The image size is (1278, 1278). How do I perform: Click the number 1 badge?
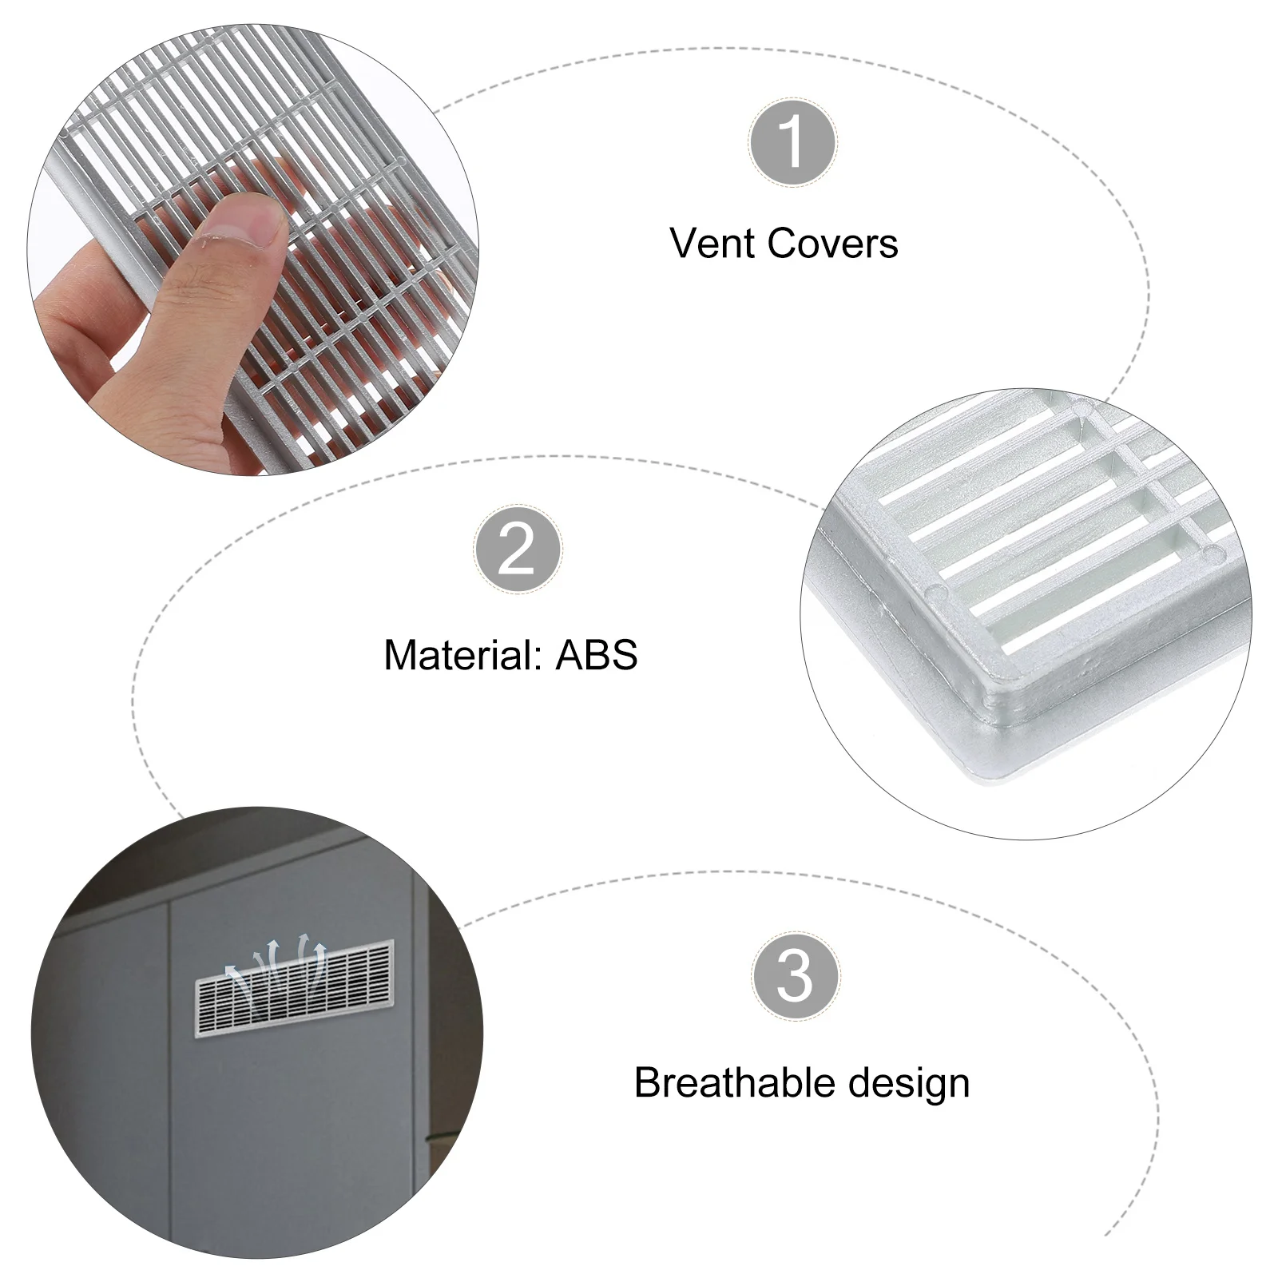tap(792, 143)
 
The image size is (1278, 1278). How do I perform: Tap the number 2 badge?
tap(517, 550)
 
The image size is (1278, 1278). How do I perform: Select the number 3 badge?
tap(795, 975)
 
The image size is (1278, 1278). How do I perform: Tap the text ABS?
tap(597, 655)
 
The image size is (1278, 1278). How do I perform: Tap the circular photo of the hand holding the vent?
tap(253, 249)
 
